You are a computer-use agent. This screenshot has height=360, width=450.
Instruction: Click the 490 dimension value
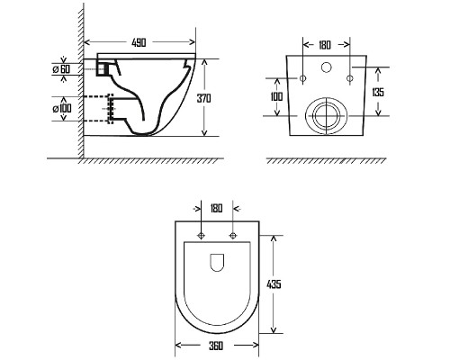(139, 42)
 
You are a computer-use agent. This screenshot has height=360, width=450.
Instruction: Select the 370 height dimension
(203, 98)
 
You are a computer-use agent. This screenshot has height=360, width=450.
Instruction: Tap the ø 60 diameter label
(61, 69)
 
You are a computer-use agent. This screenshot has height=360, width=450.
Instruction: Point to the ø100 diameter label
(62, 108)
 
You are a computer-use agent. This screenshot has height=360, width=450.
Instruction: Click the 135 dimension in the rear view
(378, 92)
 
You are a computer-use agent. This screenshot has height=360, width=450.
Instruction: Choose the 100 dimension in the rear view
(276, 96)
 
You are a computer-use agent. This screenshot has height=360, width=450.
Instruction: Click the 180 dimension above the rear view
(324, 45)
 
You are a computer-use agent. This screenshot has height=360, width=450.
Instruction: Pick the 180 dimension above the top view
(216, 208)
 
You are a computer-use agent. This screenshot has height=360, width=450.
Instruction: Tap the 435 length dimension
(274, 284)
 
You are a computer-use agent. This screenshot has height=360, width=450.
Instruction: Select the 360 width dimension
(216, 346)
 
